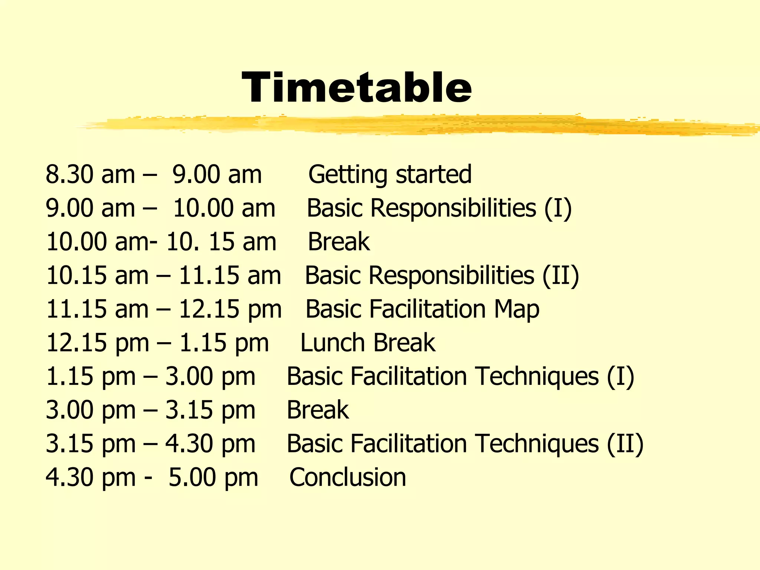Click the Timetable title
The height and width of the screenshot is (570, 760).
click(356, 88)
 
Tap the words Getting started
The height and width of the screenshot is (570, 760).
click(390, 174)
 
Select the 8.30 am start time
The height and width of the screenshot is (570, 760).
click(90, 174)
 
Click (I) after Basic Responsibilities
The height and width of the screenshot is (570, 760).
click(558, 208)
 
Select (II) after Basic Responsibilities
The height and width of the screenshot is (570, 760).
click(560, 275)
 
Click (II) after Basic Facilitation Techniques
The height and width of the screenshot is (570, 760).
click(625, 443)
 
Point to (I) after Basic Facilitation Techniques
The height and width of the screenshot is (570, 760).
click(620, 376)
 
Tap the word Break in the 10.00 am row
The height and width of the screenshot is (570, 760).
click(339, 242)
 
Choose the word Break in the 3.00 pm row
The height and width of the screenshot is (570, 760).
click(318, 410)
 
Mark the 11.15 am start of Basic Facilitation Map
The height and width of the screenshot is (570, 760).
click(97, 309)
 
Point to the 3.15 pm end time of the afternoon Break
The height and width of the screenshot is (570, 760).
click(210, 410)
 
